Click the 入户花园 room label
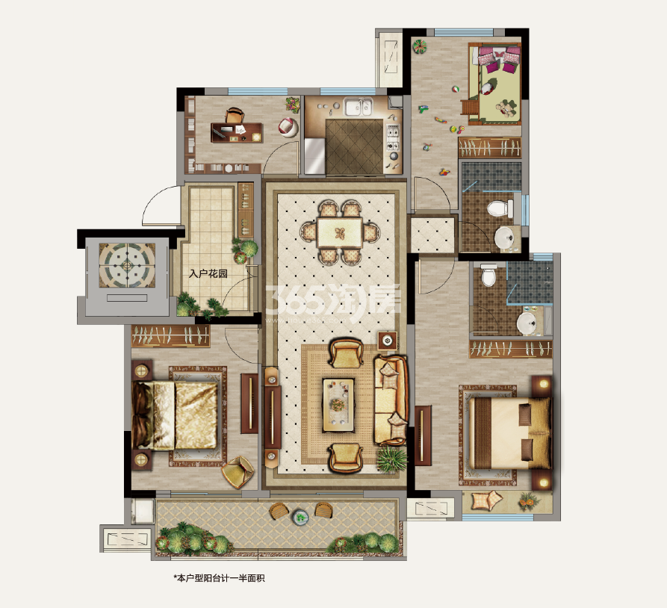pyautogui.click(x=208, y=273)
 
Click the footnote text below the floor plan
pyautogui.click(x=219, y=578)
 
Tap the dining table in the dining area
pyautogui.click(x=339, y=233)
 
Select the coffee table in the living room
pyautogui.click(x=338, y=405)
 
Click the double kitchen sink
pyautogui.click(x=359, y=106)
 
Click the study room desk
pyautogui.click(x=237, y=132)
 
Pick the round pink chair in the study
pyautogui.click(x=288, y=127)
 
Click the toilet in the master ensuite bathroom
pyautogui.click(x=488, y=275)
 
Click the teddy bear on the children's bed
pyautogui.click(x=506, y=108)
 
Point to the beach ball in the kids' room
pyautogui.click(x=456, y=90)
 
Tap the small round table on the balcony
pyautogui.click(x=300, y=517)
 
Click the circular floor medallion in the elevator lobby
pyautogui.click(x=127, y=264)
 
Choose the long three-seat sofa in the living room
pyautogui.click(x=391, y=400)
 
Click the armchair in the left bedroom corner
pyautogui.click(x=238, y=472)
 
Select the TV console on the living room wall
pyautogui.click(x=272, y=417)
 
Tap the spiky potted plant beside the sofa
pyautogui.click(x=392, y=459)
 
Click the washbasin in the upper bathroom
pyautogui.click(x=505, y=237)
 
